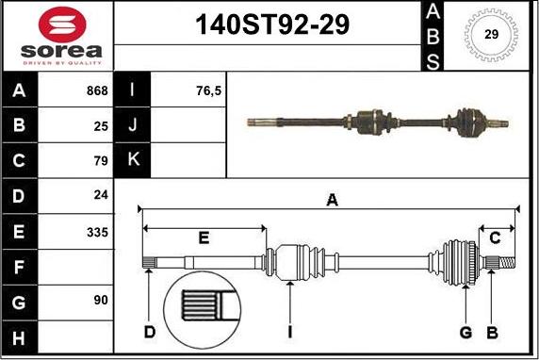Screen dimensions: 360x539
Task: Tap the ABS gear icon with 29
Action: [491, 34]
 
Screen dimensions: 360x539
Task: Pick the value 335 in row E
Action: [97, 231]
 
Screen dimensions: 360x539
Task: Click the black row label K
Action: [132, 161]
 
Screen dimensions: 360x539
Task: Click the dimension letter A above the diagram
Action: [332, 199]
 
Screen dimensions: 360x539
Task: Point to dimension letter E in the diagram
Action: [203, 237]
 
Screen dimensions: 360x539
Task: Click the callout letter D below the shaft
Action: [149, 331]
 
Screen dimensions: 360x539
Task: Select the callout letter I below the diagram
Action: [291, 331]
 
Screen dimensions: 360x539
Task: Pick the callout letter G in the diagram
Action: [465, 331]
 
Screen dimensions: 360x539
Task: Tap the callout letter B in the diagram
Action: [491, 331]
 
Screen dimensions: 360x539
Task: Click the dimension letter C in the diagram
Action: [495, 237]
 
